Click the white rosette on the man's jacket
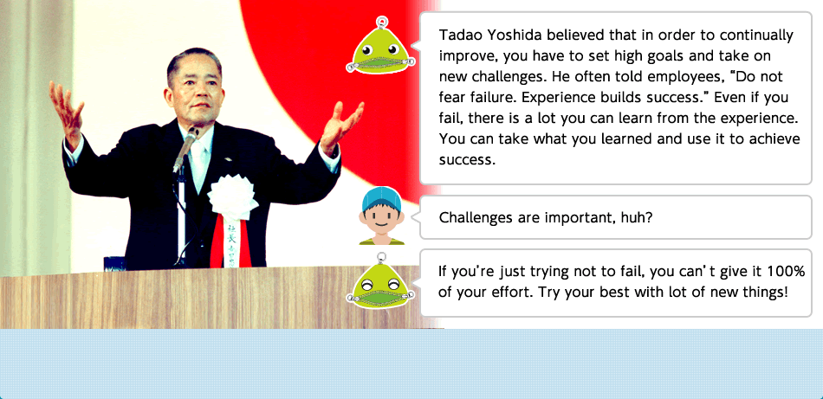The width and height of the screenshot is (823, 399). (x=232, y=197)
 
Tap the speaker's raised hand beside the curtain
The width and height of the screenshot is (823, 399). (x=67, y=111)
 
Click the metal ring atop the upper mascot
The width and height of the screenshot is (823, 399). (x=382, y=22)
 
